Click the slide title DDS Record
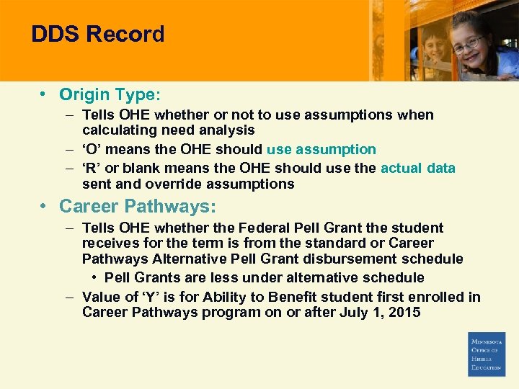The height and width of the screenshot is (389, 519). pos(98,35)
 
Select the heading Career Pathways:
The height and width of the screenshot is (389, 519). pos(137,206)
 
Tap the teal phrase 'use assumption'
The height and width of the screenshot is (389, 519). pos(321,150)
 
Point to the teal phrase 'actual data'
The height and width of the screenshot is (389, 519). pos(418,168)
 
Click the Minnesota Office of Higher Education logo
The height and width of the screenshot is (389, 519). pos(487,354)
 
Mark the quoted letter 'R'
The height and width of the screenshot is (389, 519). pos(93,168)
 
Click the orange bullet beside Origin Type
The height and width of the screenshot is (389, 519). pos(45,94)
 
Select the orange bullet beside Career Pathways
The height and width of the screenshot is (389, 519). pos(45,206)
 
